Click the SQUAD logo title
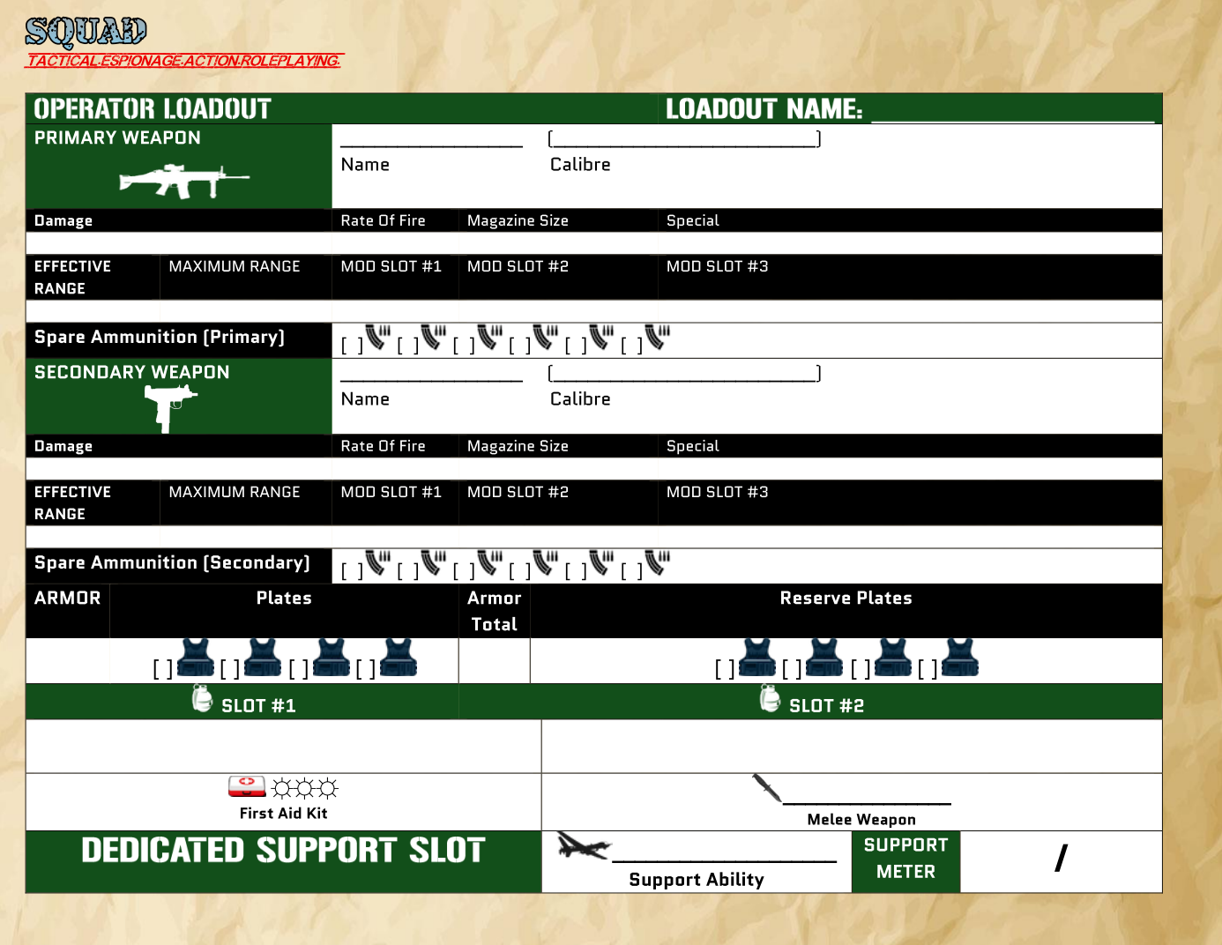tap(86, 32)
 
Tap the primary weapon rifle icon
tap(183, 181)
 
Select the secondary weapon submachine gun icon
tap(170, 407)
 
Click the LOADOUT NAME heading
tap(764, 109)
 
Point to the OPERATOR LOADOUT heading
tap(153, 109)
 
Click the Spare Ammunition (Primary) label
tap(160, 338)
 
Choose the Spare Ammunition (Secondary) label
tap(172, 563)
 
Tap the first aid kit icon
tap(247, 785)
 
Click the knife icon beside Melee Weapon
tap(766, 788)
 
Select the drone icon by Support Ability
tap(583, 847)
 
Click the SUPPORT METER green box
tap(905, 859)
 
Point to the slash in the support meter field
tap(1061, 858)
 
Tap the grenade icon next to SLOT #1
tap(203, 698)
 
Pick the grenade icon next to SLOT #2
tap(770, 698)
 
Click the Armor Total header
tap(494, 611)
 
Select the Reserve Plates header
tap(846, 599)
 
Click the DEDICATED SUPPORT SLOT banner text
tap(283, 851)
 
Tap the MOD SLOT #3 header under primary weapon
tap(717, 266)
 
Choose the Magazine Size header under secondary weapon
tap(518, 446)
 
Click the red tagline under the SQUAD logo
tap(183, 61)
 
